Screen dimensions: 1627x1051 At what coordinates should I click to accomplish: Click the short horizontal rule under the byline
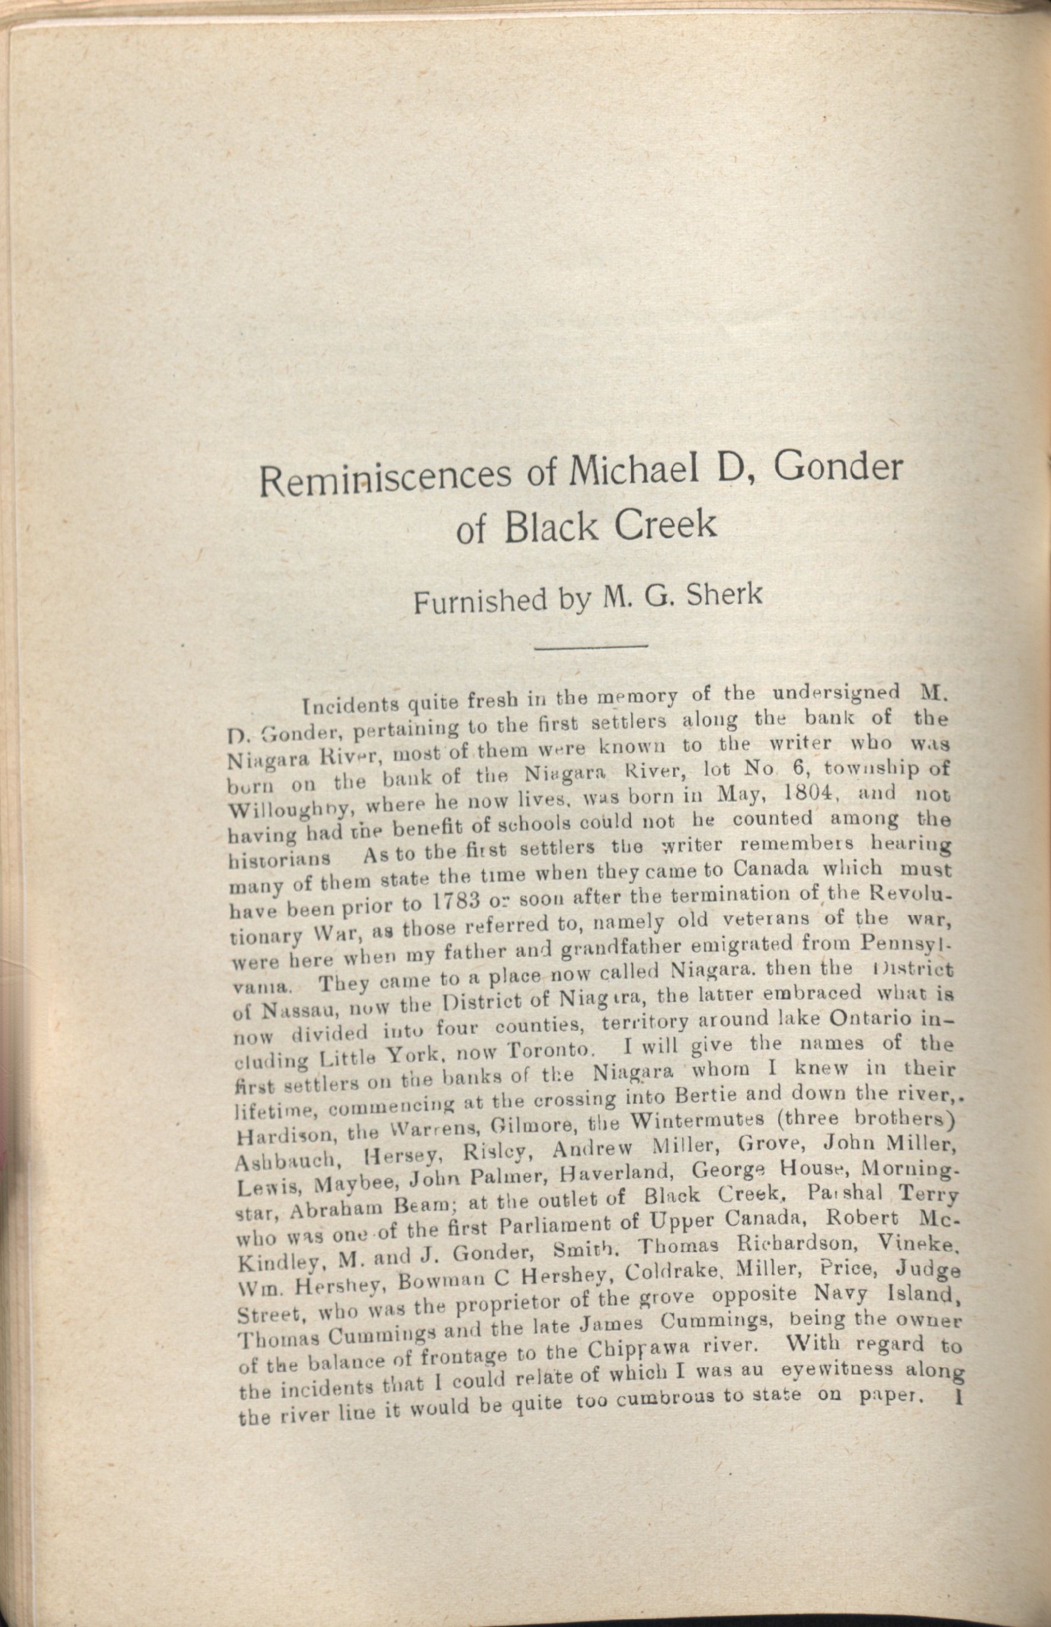click(590, 645)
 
